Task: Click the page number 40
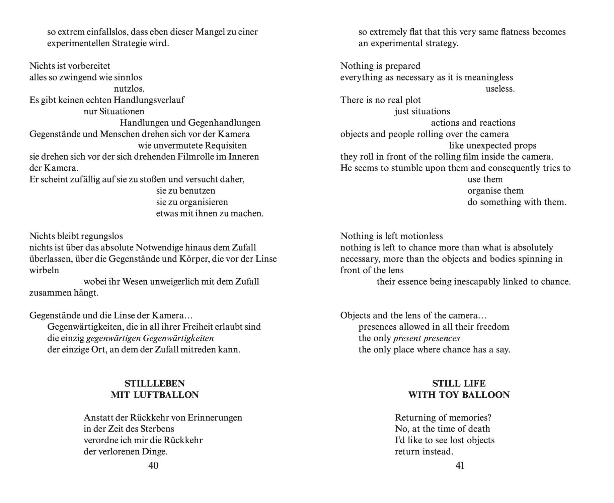coord(153,465)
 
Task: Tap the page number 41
coord(460,465)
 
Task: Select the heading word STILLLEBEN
coord(155,383)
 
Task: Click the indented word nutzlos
coord(129,89)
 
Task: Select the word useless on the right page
coord(500,89)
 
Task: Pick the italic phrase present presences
coord(427,338)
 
